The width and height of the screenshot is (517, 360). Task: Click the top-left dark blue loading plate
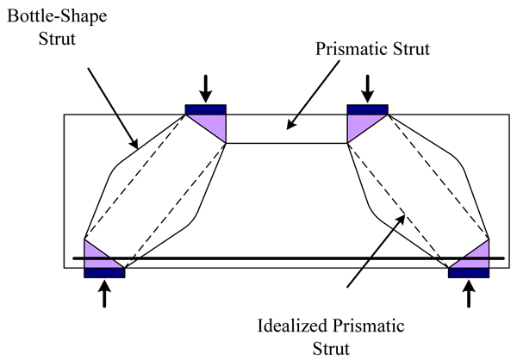click(206, 109)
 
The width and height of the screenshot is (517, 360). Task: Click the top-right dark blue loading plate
click(368, 109)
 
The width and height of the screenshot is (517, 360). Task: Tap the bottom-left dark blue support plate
click(104, 272)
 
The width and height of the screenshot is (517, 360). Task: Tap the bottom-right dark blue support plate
click(470, 272)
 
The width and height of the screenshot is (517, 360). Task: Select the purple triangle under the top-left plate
click(214, 126)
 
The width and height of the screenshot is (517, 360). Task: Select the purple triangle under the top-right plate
click(358, 126)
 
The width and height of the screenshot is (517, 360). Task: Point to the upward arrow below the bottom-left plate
click(104, 295)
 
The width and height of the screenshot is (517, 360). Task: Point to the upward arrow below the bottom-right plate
click(470, 295)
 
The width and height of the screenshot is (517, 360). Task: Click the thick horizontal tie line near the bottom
click(284, 258)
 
